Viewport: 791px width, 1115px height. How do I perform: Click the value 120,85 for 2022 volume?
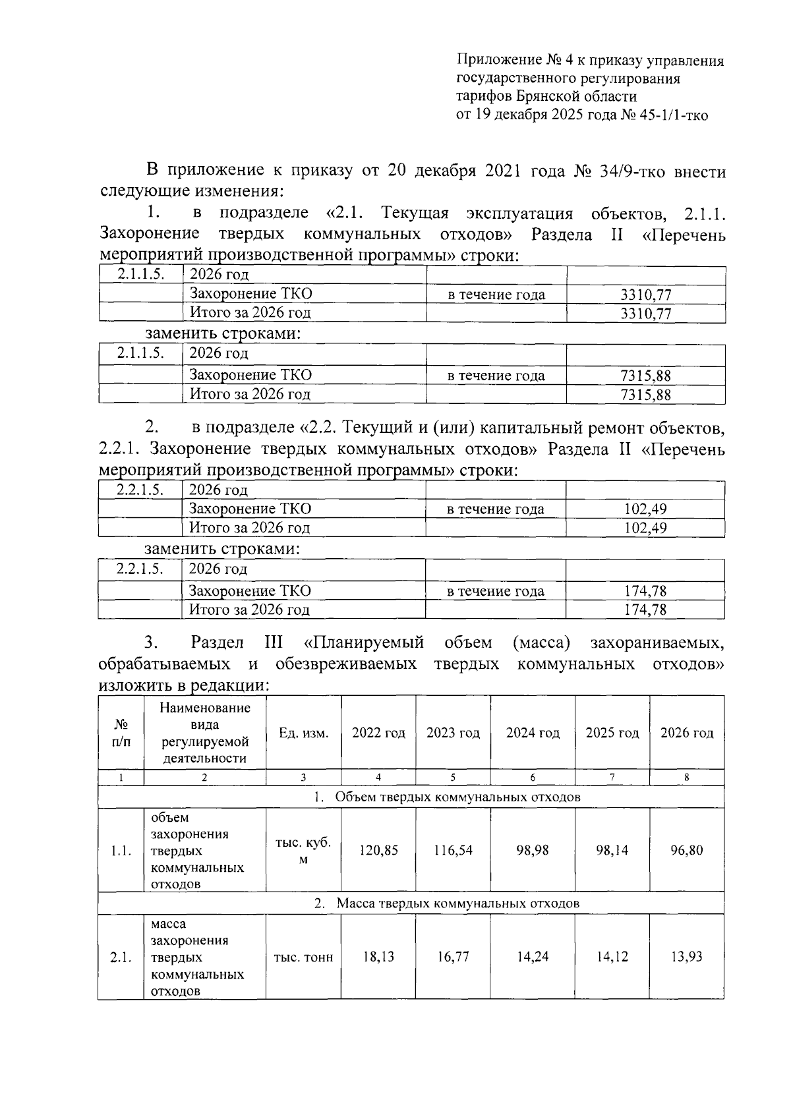coord(378,850)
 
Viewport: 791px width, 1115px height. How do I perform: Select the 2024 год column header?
coord(533,733)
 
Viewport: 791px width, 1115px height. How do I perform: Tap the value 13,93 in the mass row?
coord(687,956)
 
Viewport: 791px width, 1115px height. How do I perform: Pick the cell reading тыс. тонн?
coord(303,956)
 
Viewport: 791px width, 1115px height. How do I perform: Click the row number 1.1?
coord(121,850)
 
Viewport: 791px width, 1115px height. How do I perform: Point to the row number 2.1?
coord(121,956)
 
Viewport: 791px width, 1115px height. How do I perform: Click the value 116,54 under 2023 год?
coord(453,850)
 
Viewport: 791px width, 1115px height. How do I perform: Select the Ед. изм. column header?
coord(303,733)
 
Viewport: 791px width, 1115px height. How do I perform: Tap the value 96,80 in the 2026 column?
coord(687,850)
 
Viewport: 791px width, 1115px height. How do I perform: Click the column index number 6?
coord(533,778)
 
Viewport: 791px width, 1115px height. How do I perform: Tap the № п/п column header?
coord(121,733)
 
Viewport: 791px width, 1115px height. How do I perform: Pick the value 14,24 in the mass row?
coord(533,956)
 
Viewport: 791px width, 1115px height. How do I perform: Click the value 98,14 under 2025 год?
coord(612,850)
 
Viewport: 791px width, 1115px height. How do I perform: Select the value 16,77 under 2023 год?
coord(453,956)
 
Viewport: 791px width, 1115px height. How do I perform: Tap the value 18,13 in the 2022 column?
coord(378,956)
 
